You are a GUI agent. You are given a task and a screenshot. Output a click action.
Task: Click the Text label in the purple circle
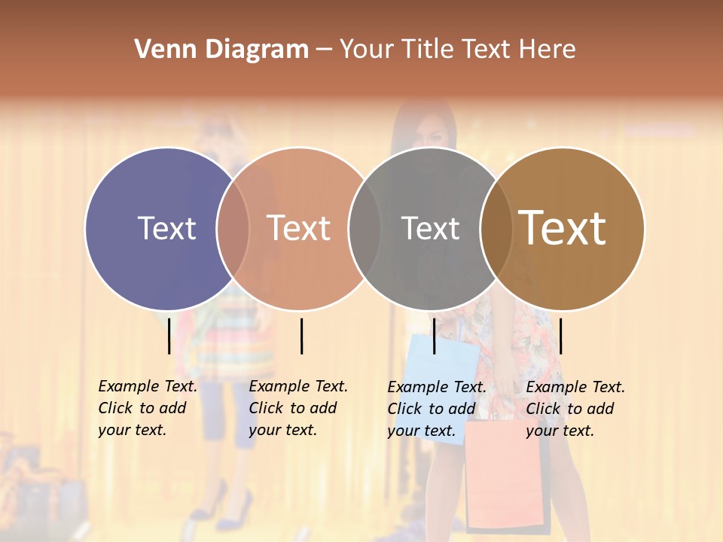point(166,228)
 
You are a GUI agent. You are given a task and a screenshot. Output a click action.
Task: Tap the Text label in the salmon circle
point(298,228)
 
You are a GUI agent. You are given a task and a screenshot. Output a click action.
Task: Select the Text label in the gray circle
point(430,228)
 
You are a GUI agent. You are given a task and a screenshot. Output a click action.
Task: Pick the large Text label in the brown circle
point(562,227)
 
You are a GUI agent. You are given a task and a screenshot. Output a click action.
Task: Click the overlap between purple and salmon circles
point(233,228)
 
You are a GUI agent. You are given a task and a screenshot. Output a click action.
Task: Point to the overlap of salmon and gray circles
point(365,228)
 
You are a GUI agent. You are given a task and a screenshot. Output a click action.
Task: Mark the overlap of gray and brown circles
point(496,228)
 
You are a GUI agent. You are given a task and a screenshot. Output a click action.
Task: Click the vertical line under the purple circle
point(169,336)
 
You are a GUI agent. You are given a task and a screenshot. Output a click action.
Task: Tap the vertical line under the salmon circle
point(301,336)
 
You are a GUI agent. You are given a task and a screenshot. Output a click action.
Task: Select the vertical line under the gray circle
point(434,336)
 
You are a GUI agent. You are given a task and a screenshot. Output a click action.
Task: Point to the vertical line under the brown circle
point(561,336)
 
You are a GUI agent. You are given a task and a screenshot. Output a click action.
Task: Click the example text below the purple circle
point(148,408)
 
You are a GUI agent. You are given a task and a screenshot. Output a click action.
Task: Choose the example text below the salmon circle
point(298,408)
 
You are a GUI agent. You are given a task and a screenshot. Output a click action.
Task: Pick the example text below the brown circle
point(575,408)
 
